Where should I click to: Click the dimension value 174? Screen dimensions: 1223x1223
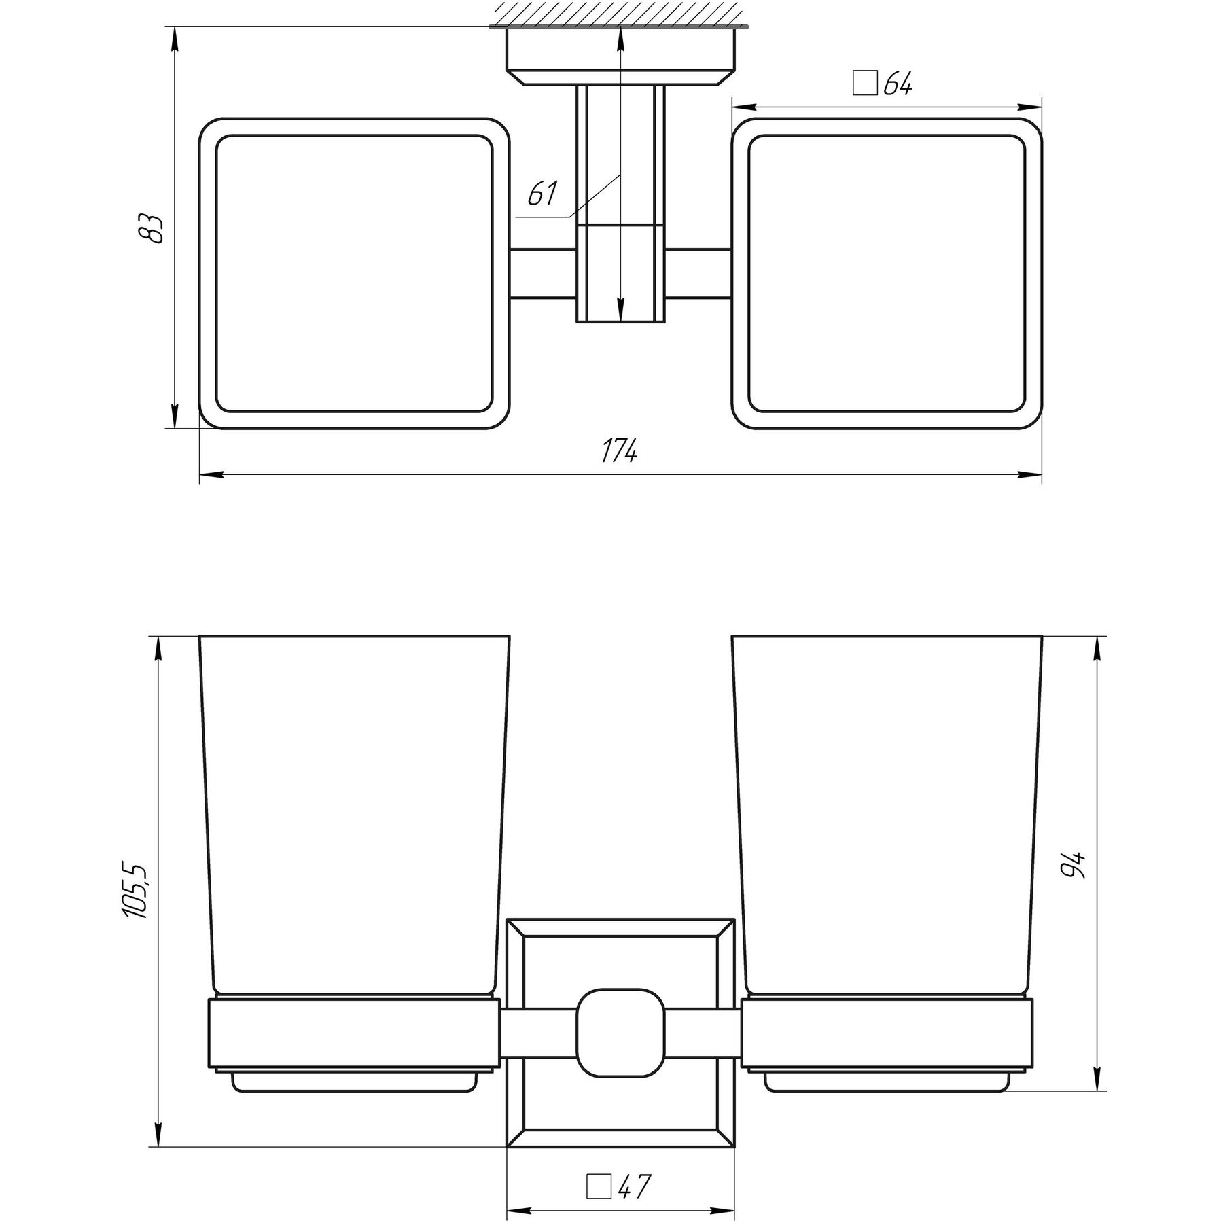[x=619, y=450]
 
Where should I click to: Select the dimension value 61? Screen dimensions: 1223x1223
[x=542, y=195]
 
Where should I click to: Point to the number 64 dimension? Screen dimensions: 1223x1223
[x=897, y=84]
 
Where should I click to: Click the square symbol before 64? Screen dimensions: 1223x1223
[x=865, y=84]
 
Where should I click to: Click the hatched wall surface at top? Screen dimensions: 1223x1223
[x=619, y=14]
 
